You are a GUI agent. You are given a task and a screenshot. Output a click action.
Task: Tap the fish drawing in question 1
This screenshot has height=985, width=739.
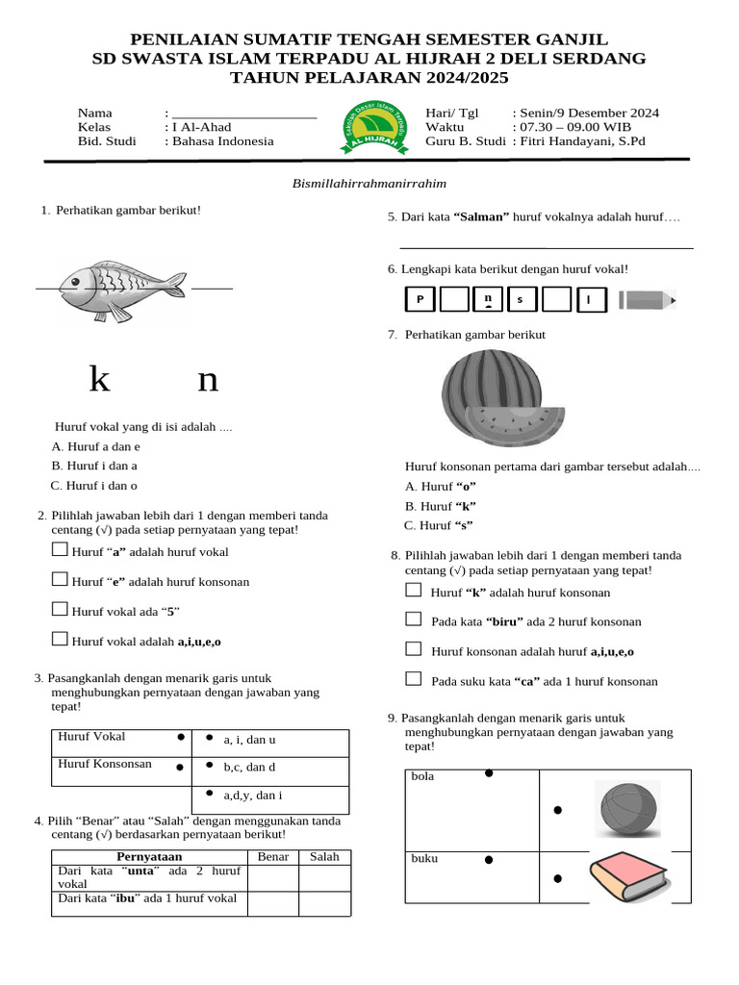click(121, 288)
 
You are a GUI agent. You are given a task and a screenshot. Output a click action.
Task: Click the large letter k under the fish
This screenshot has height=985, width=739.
click(99, 380)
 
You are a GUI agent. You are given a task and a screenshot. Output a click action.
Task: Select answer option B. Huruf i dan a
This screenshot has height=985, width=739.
click(94, 466)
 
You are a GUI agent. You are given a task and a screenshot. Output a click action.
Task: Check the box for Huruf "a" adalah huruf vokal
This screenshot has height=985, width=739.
click(60, 550)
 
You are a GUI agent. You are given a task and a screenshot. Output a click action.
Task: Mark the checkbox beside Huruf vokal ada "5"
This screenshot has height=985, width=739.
click(60, 609)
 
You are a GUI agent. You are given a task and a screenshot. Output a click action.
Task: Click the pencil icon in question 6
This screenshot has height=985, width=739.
click(647, 300)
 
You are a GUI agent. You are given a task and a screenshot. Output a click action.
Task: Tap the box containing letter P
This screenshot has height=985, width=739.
click(420, 300)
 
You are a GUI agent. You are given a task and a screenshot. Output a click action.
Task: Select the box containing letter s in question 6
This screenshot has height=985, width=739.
click(521, 300)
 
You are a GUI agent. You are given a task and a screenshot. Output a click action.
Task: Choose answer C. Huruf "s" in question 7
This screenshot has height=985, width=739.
click(439, 525)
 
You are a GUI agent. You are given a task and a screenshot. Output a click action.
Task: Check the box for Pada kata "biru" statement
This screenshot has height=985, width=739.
click(414, 619)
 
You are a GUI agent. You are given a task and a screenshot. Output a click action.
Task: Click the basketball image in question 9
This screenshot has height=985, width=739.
click(627, 809)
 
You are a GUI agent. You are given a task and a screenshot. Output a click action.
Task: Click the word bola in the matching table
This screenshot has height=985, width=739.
click(422, 776)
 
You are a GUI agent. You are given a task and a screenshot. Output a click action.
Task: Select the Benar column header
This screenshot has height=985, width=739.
click(273, 856)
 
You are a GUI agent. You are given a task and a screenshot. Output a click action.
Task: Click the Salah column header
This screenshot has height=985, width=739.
click(324, 856)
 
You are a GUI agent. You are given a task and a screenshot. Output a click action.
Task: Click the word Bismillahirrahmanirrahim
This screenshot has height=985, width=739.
click(369, 183)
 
